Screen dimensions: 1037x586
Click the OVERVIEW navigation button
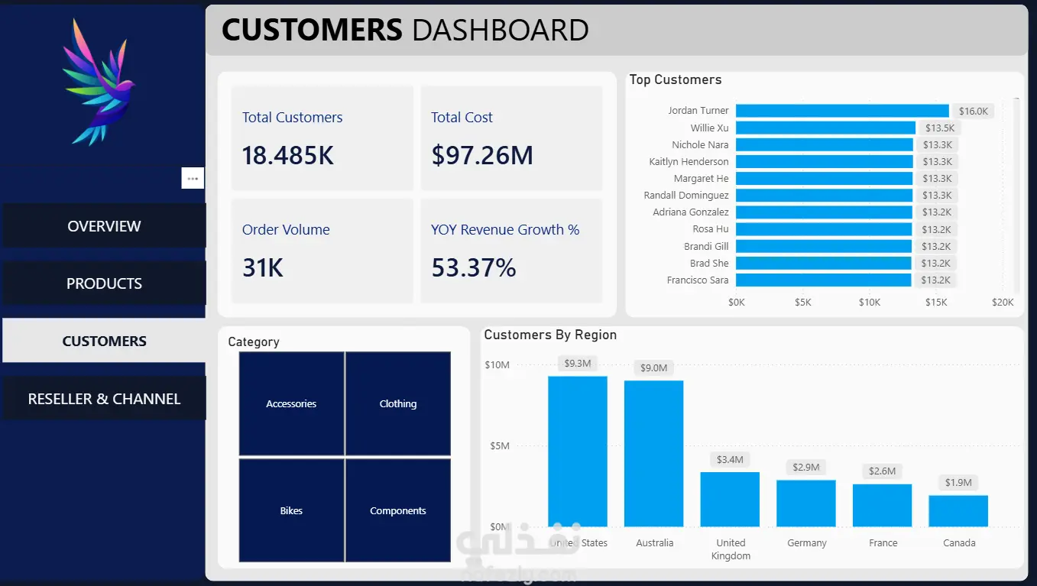point(104,226)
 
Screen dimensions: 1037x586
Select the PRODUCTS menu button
point(104,283)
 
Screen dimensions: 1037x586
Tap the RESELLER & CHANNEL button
point(104,399)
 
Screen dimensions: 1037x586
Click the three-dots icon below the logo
point(193,178)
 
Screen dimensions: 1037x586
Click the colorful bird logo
point(99,83)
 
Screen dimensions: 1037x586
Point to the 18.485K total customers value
point(287,155)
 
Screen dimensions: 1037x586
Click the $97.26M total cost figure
point(482,155)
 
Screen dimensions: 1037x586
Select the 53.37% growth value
point(474,267)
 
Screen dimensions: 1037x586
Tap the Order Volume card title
point(286,229)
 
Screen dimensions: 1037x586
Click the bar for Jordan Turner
point(842,111)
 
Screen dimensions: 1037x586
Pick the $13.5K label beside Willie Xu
point(940,128)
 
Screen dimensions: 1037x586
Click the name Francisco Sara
point(697,280)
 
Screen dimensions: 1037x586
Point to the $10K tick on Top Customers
point(870,303)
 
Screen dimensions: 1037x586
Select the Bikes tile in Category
point(291,510)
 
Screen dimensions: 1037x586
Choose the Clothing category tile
point(397,403)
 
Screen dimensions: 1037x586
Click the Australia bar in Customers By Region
point(653,454)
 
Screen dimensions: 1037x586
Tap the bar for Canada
point(958,511)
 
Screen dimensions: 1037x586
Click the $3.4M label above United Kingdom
point(730,460)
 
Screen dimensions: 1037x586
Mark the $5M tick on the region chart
point(500,445)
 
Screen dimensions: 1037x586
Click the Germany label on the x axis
point(806,542)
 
